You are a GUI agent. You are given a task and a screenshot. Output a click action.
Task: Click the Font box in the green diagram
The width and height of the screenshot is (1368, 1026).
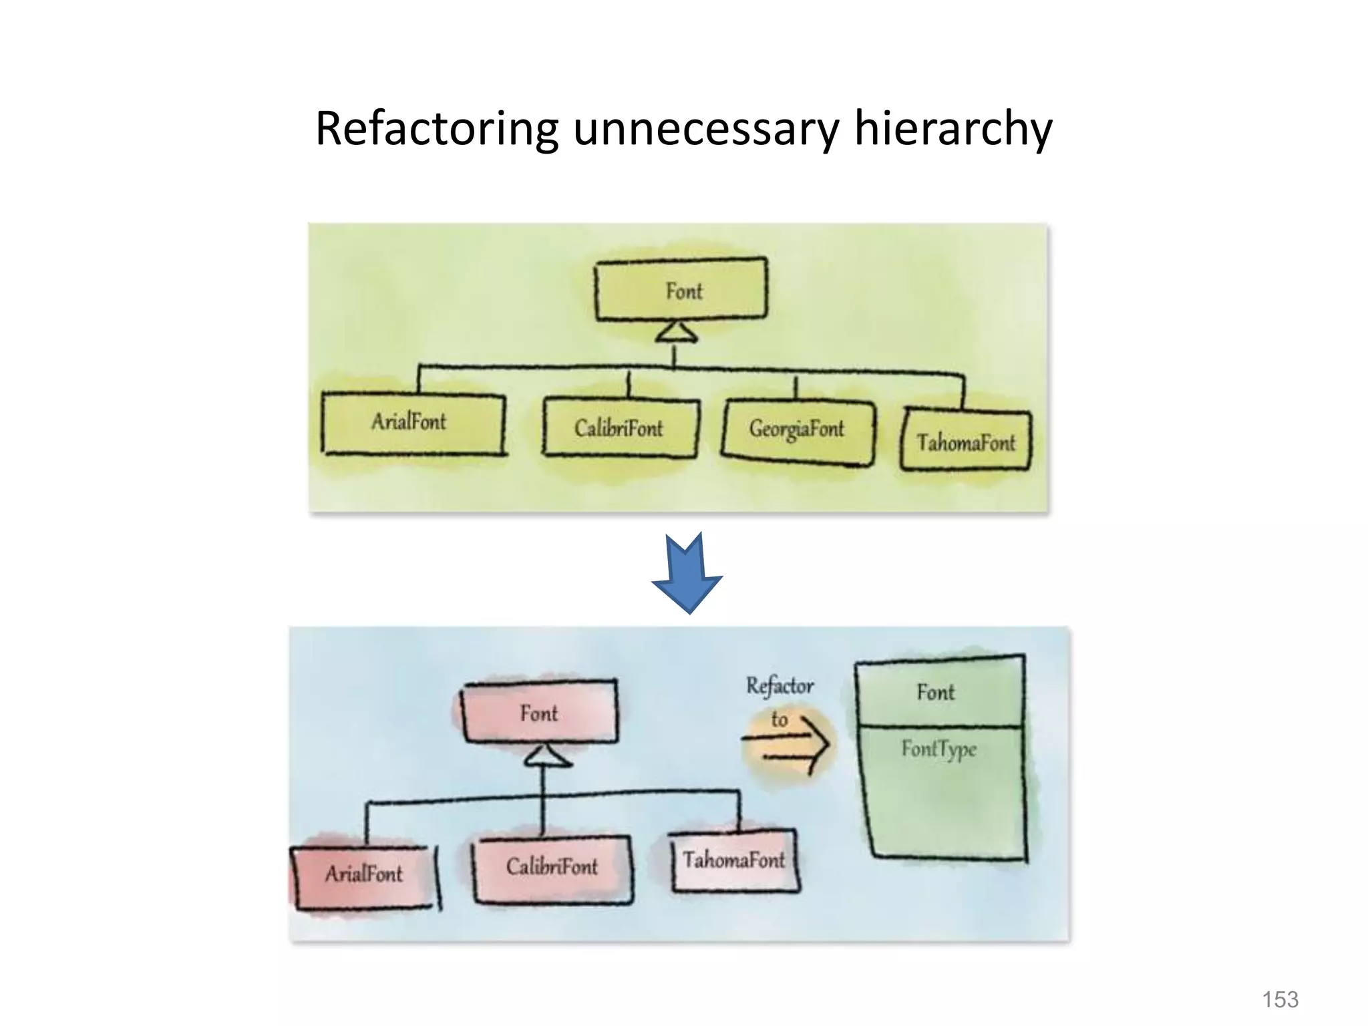point(681,289)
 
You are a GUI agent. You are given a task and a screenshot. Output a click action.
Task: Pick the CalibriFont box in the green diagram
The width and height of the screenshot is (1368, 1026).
point(621,428)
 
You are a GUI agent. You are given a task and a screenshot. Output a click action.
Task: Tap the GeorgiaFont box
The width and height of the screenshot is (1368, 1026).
point(798,430)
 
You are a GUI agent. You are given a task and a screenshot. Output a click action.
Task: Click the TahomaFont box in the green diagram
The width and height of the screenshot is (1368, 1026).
point(965,441)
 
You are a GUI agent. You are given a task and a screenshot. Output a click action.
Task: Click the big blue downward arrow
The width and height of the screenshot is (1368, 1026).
point(687,574)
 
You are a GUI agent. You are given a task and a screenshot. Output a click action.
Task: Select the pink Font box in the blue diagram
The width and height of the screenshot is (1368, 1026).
point(540,712)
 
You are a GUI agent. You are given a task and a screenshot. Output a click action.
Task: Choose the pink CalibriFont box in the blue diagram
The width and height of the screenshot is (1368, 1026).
point(552,868)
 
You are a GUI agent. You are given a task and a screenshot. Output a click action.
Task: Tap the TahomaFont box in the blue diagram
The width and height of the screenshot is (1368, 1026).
point(734,861)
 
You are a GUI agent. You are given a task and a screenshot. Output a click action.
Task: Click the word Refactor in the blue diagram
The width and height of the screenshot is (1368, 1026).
point(780,685)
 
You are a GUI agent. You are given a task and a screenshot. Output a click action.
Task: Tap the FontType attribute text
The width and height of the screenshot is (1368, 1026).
point(938,749)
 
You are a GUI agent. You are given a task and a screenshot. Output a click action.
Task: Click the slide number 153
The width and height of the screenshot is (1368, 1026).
point(1280,999)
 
